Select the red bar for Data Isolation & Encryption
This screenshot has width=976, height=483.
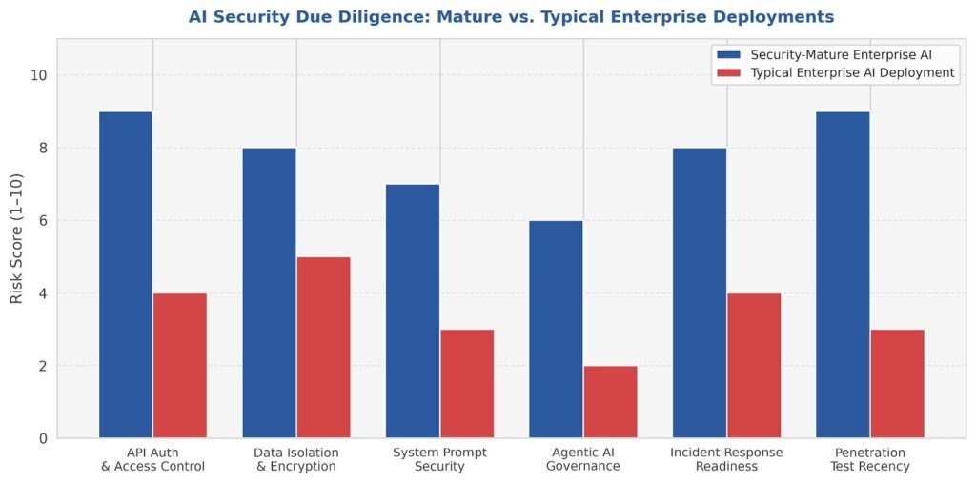(x=323, y=347)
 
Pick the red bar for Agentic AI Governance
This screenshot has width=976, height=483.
(x=610, y=401)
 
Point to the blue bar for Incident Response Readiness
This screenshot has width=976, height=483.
(x=700, y=292)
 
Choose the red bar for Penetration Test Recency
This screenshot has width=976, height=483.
(x=897, y=383)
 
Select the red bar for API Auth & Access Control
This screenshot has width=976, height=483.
(x=180, y=365)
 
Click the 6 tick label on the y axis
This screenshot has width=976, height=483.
(x=42, y=221)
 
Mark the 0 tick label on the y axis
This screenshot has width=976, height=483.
(x=42, y=438)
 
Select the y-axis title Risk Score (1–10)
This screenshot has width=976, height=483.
(x=17, y=239)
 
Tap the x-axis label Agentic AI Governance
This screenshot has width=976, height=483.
(x=583, y=459)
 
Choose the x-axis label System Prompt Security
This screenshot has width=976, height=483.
(x=440, y=459)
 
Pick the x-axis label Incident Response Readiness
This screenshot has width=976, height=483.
(x=727, y=459)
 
